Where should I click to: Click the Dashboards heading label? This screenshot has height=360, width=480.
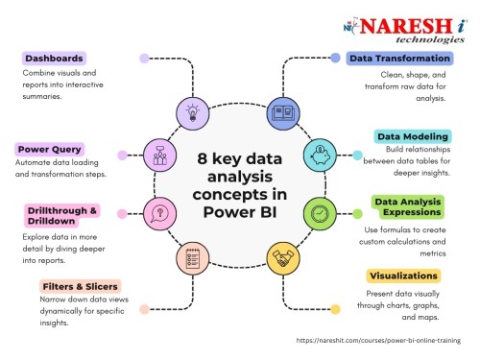53,58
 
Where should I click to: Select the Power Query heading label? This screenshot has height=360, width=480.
50,149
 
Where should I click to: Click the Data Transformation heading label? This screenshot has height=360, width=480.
388,59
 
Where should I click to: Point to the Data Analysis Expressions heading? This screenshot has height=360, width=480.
406,207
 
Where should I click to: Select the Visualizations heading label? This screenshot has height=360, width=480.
404,276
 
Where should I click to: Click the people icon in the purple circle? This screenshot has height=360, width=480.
158,154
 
